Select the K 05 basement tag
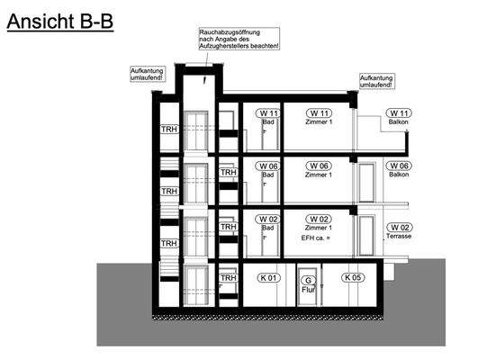point(353,277)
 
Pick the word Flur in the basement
point(306,290)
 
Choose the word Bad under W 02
point(267,229)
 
